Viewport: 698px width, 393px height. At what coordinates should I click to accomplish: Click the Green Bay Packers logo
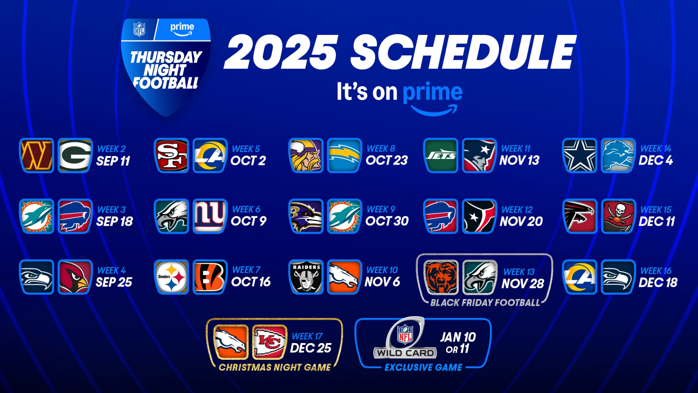point(75,155)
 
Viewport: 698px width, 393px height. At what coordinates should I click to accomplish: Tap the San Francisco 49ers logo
point(171,155)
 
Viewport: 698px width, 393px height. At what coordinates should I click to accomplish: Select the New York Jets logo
point(441,155)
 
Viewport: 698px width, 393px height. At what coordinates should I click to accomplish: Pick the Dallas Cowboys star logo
point(580,155)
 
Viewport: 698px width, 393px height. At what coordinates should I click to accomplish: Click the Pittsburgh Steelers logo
point(171,277)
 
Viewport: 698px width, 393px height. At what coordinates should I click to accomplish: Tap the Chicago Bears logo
point(441,277)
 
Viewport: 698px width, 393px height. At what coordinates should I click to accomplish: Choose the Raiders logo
point(306,277)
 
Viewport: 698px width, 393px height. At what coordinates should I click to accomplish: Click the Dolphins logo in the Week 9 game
point(344,216)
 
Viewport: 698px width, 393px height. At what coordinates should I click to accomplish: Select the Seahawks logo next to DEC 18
point(618,277)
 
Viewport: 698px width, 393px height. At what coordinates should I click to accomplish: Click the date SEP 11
point(113,161)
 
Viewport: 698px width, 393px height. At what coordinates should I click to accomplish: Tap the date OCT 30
point(387,221)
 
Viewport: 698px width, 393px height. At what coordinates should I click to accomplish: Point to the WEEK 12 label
point(517,210)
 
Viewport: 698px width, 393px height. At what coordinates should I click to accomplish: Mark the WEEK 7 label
point(246,270)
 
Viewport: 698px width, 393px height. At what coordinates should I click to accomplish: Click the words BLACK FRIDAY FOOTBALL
point(485,303)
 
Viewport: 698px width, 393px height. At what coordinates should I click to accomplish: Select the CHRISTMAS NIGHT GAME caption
point(275,367)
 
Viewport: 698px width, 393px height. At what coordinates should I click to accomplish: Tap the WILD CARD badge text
point(405,353)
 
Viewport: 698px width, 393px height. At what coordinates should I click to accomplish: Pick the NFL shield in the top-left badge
point(139,29)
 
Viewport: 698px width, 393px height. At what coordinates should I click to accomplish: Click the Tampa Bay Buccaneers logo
point(618,216)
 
